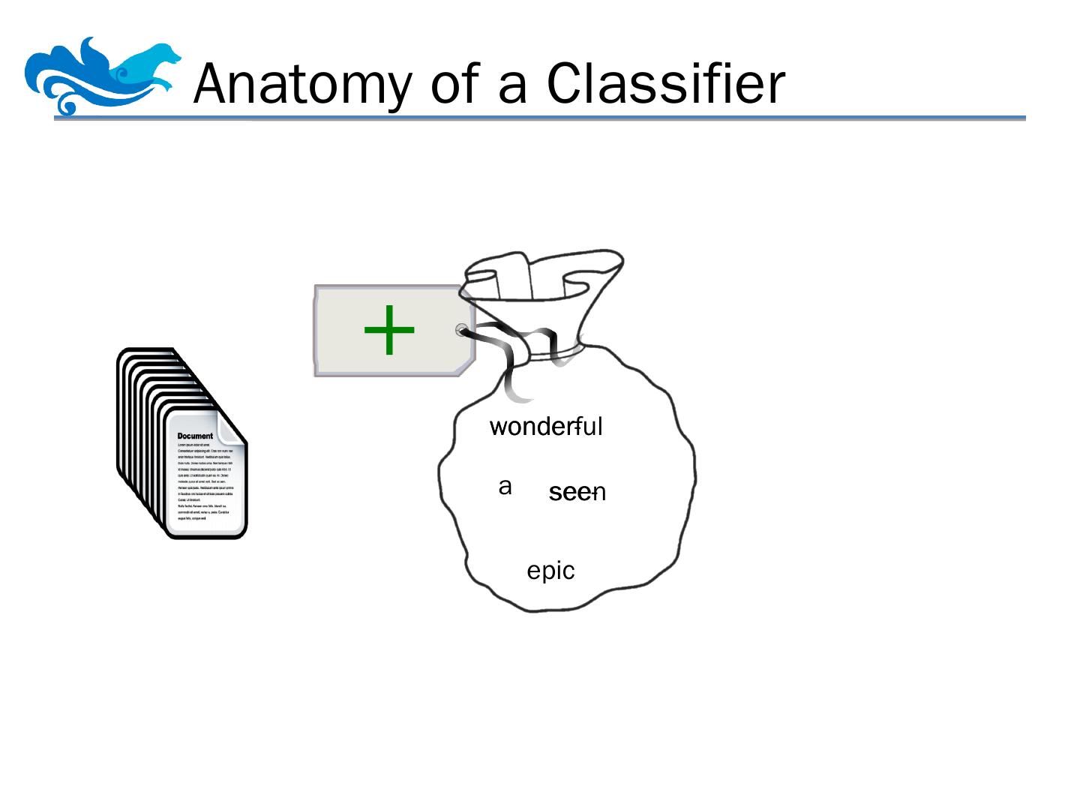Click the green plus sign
389,330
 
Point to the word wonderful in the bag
545,427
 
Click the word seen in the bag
577,493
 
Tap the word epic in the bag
550,571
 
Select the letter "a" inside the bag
505,487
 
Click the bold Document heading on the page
195,436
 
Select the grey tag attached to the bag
394,331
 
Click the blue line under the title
540,118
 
